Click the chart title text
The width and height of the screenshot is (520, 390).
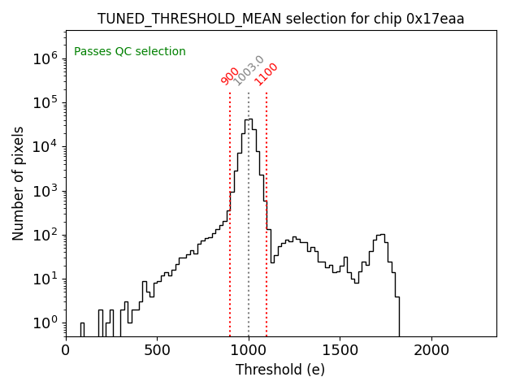[280, 19]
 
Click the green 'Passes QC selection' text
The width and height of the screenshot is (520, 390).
[130, 52]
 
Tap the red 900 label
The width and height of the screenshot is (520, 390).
[230, 76]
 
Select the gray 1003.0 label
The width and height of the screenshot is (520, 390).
[249, 70]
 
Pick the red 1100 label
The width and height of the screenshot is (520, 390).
[266, 74]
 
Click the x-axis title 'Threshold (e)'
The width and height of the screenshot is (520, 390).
[280, 370]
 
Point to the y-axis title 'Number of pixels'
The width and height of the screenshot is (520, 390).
[18, 183]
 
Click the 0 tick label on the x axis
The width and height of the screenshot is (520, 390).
[66, 350]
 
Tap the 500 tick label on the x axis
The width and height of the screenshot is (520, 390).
[157, 350]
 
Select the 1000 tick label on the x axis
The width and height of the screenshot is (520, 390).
[249, 350]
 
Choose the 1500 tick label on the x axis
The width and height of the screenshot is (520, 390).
[340, 350]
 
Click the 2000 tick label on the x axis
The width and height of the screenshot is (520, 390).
[431, 350]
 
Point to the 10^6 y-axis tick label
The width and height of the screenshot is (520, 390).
[44, 58]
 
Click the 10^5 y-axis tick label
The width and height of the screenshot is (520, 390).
[44, 102]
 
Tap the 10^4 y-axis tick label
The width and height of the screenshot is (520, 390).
[44, 146]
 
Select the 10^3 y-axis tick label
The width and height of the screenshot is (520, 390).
[44, 191]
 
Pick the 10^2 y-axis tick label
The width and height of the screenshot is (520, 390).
[44, 235]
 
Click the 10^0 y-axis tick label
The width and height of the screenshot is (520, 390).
[44, 323]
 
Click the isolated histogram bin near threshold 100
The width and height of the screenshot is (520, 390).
[82, 329]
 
